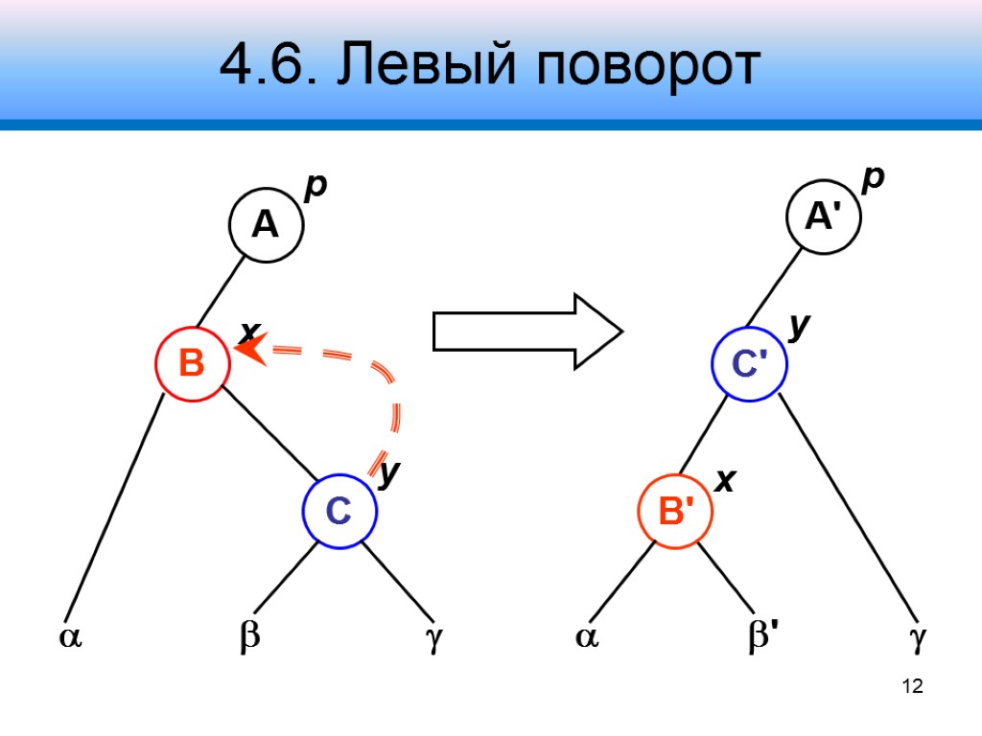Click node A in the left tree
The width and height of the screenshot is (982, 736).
tap(266, 225)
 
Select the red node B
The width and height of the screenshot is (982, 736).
tap(193, 363)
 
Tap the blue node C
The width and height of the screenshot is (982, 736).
tap(339, 512)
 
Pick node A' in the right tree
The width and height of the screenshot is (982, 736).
tap(825, 218)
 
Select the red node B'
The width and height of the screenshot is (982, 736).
tap(676, 512)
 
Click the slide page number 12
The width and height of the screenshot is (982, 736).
tap(912, 686)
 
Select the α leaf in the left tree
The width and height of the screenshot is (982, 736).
tap(71, 637)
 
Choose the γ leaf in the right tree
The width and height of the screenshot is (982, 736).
tap(918, 638)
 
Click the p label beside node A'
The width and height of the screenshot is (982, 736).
tap(872, 180)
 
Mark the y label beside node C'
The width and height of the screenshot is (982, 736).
tap(799, 329)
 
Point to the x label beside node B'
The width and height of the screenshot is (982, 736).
tap(726, 482)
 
